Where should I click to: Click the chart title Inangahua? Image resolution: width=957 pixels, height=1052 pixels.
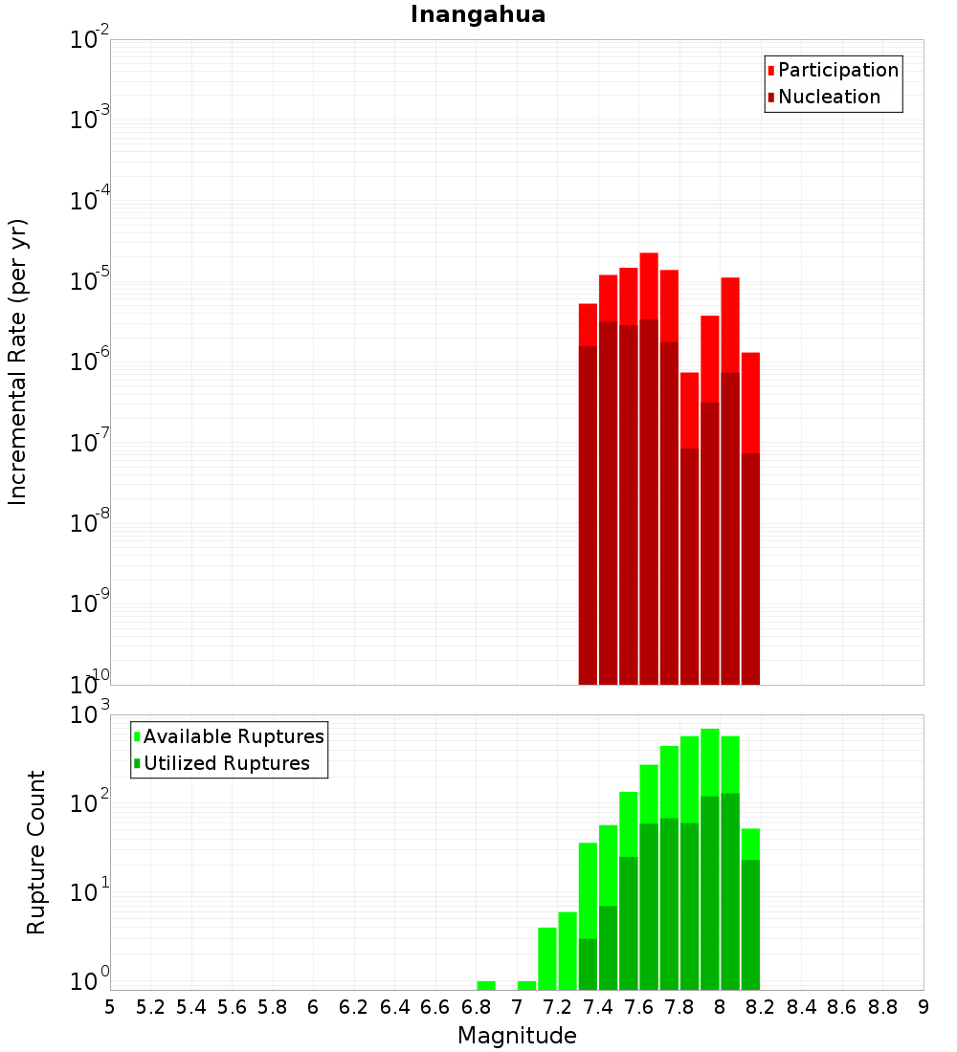[x=478, y=14]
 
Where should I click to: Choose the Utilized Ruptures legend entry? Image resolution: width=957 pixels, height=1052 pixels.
[x=226, y=763]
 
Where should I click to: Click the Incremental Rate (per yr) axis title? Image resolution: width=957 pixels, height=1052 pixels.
[x=18, y=362]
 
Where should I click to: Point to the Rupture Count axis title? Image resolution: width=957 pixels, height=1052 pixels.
[x=36, y=852]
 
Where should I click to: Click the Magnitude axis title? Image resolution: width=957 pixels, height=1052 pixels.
[x=517, y=1036]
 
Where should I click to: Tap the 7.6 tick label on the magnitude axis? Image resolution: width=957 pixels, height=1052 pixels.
[x=638, y=1007]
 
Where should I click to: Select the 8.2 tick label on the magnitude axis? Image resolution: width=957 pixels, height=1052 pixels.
[x=761, y=1007]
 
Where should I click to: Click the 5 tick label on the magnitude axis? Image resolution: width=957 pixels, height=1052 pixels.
[x=110, y=1007]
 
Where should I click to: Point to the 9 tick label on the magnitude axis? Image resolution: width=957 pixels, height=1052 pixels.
[x=924, y=1007]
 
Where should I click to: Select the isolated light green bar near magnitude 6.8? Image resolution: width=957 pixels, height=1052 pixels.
[x=486, y=985]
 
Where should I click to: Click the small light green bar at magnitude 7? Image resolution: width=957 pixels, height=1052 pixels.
[x=526, y=985]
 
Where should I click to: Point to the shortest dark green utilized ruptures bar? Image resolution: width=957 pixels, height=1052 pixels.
[x=588, y=964]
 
